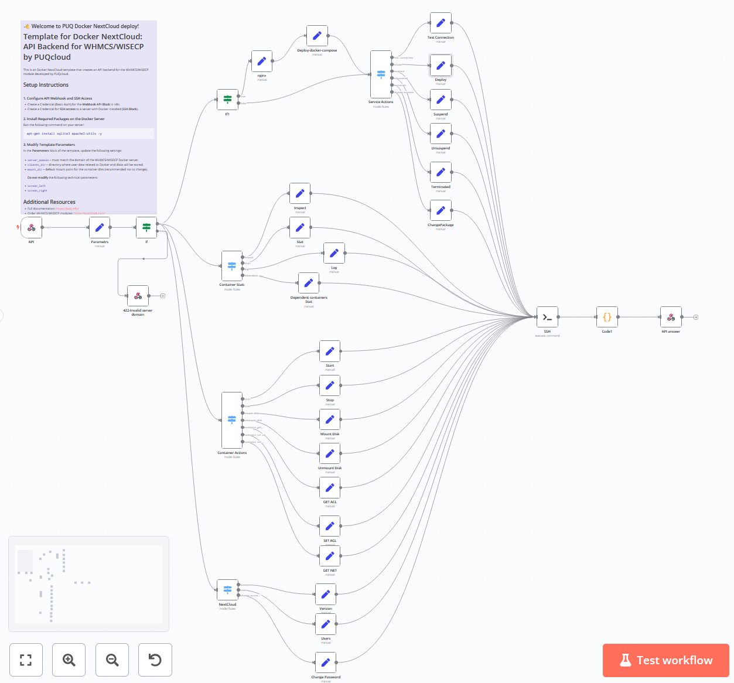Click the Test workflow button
point(665,660)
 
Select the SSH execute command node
point(547,317)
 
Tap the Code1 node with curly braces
point(607,317)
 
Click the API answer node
point(671,317)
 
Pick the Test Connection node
point(441,23)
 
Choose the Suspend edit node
point(441,100)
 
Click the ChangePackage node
point(441,210)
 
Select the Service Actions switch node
point(381,74)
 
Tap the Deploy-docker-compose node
point(317,36)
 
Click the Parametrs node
point(100,227)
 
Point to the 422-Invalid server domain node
point(138,296)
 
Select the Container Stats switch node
point(232,266)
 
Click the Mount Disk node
point(330,419)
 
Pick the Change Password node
point(326,662)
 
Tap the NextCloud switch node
point(227,589)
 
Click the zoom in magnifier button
point(69,660)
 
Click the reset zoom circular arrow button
point(155,660)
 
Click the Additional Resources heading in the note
point(49,202)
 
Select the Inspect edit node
point(300,193)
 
